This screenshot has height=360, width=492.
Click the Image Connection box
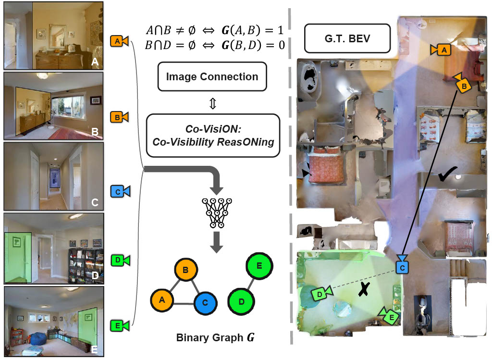212,76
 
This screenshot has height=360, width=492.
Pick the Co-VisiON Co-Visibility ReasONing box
212,135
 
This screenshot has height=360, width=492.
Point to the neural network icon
217,212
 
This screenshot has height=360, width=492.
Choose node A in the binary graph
162,300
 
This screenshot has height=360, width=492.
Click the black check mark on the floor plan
448,176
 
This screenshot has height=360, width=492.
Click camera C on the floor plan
402,266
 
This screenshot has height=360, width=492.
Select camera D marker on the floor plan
321,292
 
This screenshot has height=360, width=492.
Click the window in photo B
68,105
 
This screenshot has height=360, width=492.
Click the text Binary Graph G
214,338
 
